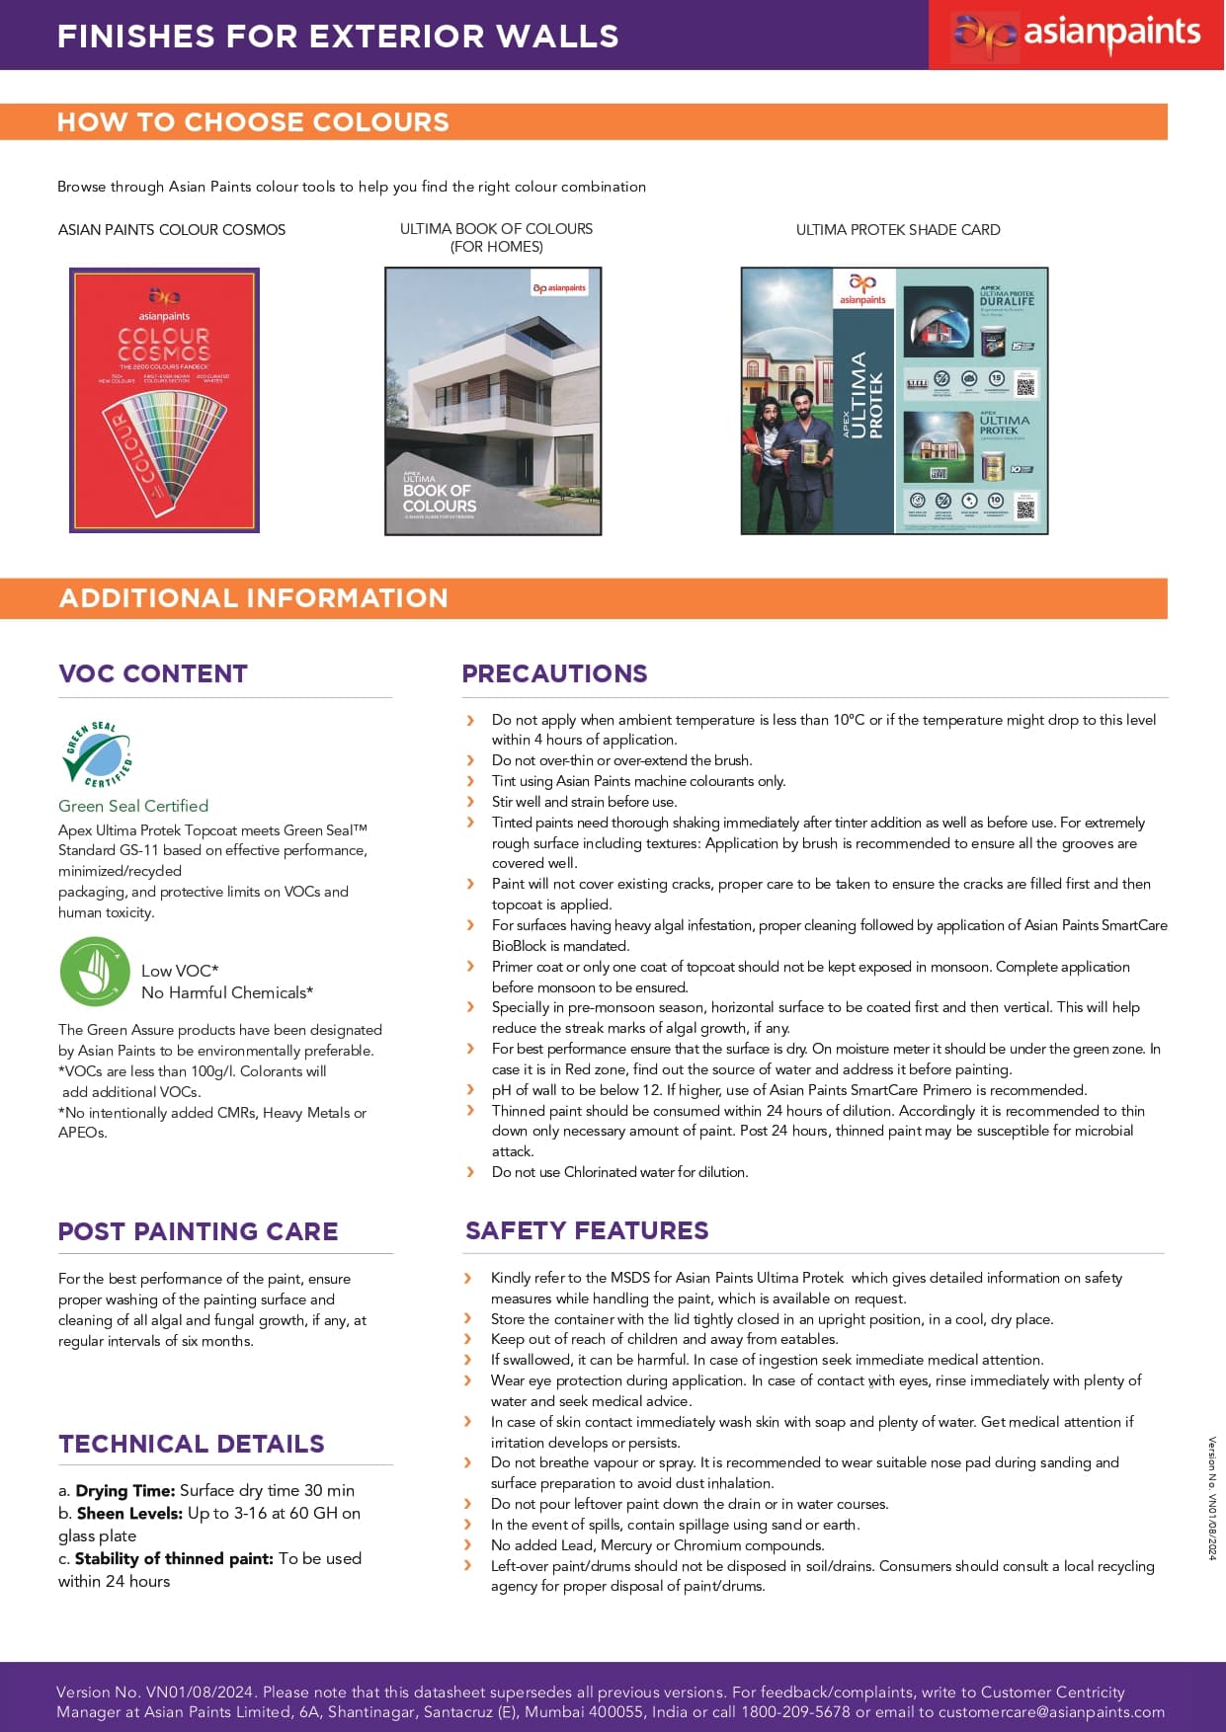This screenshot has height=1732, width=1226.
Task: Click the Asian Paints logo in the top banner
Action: tap(1077, 35)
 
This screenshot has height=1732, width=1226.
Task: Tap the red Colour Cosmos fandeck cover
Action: tap(164, 400)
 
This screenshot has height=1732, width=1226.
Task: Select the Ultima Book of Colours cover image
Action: tap(493, 401)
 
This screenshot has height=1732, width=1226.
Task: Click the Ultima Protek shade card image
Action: tap(894, 401)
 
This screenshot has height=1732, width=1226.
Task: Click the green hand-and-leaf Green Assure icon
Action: tap(95, 972)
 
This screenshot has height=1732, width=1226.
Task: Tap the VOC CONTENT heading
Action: tap(153, 674)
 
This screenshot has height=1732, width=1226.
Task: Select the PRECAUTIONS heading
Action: tap(554, 673)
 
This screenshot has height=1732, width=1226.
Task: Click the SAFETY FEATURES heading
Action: tap(587, 1230)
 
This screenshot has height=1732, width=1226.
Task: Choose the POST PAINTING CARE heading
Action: tap(198, 1231)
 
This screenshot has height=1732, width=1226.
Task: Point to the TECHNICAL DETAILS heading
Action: tap(192, 1444)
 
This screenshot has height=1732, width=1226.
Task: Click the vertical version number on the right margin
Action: tap(1212, 1498)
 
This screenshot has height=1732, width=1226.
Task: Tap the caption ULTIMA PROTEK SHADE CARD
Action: tap(898, 230)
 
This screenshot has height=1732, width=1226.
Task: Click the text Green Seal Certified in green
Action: tap(133, 806)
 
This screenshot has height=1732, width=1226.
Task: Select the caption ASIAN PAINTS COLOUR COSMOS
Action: tap(172, 230)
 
